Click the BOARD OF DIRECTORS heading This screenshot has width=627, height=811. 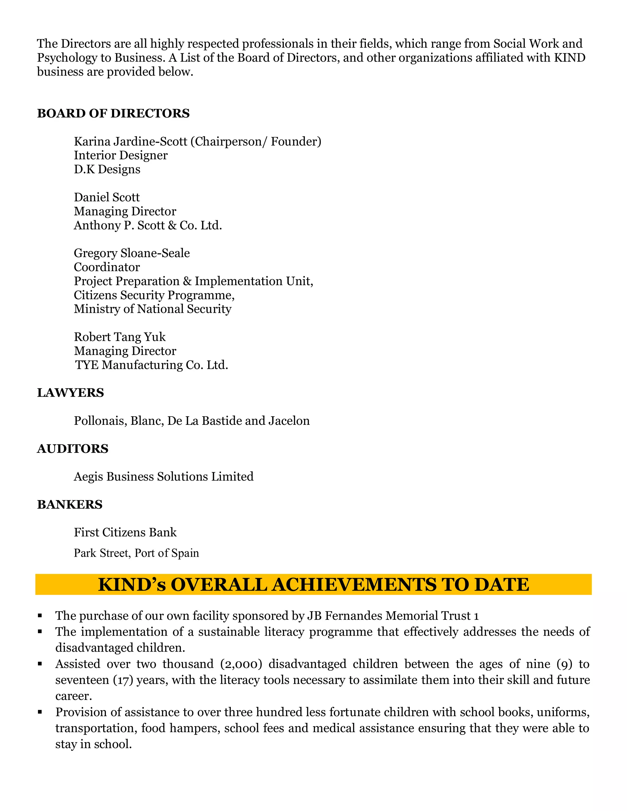click(113, 113)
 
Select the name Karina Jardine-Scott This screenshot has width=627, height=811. click(131, 141)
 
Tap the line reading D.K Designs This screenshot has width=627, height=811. click(107, 169)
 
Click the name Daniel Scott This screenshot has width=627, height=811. click(107, 197)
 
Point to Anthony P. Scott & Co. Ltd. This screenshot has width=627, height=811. click(148, 226)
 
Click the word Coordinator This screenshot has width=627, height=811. click(107, 267)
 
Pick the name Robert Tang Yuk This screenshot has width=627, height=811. click(120, 337)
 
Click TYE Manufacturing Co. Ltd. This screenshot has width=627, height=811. click(152, 365)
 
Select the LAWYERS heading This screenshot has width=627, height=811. click(71, 393)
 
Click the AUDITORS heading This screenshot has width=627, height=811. click(73, 449)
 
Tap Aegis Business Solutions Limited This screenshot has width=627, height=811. click(163, 477)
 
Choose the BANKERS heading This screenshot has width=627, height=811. click(70, 504)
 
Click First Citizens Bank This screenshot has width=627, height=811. click(125, 533)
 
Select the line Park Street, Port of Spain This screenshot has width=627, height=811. click(136, 553)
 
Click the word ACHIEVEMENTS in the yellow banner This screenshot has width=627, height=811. click(354, 585)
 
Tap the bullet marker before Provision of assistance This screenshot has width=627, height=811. click(40, 712)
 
